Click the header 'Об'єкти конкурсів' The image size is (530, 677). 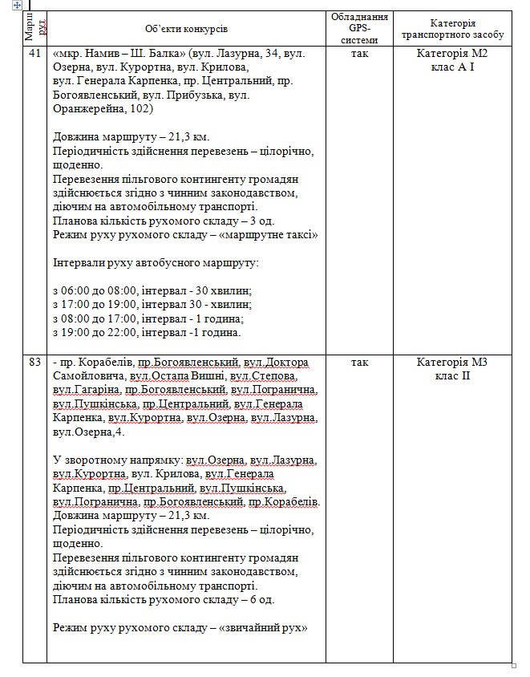(x=187, y=28)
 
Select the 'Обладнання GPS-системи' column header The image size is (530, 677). (x=359, y=28)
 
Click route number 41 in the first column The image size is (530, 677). (x=34, y=54)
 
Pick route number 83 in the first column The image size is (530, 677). (x=34, y=363)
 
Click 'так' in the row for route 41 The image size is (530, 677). (x=359, y=54)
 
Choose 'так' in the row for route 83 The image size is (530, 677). (x=359, y=363)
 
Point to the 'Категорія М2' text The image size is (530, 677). (x=452, y=54)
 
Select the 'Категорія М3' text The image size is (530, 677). (x=452, y=363)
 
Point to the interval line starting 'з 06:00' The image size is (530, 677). (x=152, y=290)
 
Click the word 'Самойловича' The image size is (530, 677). (x=87, y=376)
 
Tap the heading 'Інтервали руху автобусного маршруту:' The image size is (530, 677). (x=155, y=263)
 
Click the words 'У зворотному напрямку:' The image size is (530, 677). (x=116, y=460)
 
